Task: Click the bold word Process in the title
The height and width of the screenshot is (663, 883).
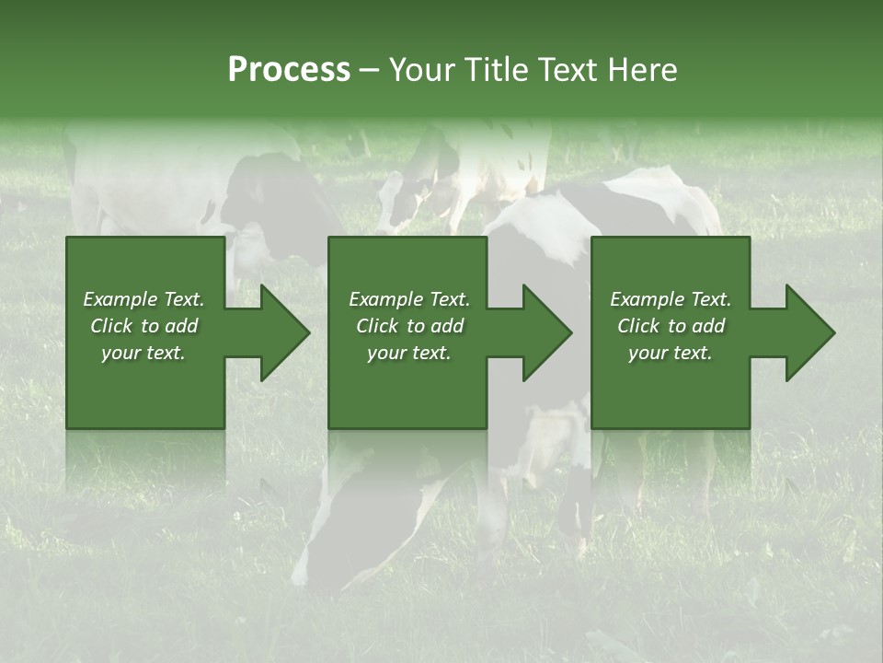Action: pyautogui.click(x=289, y=70)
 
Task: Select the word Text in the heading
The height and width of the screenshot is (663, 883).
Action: pyautogui.click(x=567, y=70)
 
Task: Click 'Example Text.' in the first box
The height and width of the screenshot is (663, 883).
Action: pyautogui.click(x=143, y=299)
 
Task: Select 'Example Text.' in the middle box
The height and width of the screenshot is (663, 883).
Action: pyautogui.click(x=409, y=299)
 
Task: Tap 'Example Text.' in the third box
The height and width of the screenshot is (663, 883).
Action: pyautogui.click(x=671, y=299)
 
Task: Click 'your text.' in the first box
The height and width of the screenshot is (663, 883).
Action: pyautogui.click(x=143, y=353)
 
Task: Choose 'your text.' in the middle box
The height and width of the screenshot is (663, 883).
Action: pyautogui.click(x=409, y=353)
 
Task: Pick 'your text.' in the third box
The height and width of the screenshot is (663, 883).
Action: pyautogui.click(x=671, y=353)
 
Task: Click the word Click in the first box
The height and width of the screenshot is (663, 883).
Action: pyautogui.click(x=112, y=326)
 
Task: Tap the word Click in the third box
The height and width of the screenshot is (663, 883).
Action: pyautogui.click(x=639, y=326)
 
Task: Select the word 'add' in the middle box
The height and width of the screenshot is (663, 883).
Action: pyautogui.click(x=447, y=326)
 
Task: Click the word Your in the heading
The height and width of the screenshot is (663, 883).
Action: pyautogui.click(x=421, y=70)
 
